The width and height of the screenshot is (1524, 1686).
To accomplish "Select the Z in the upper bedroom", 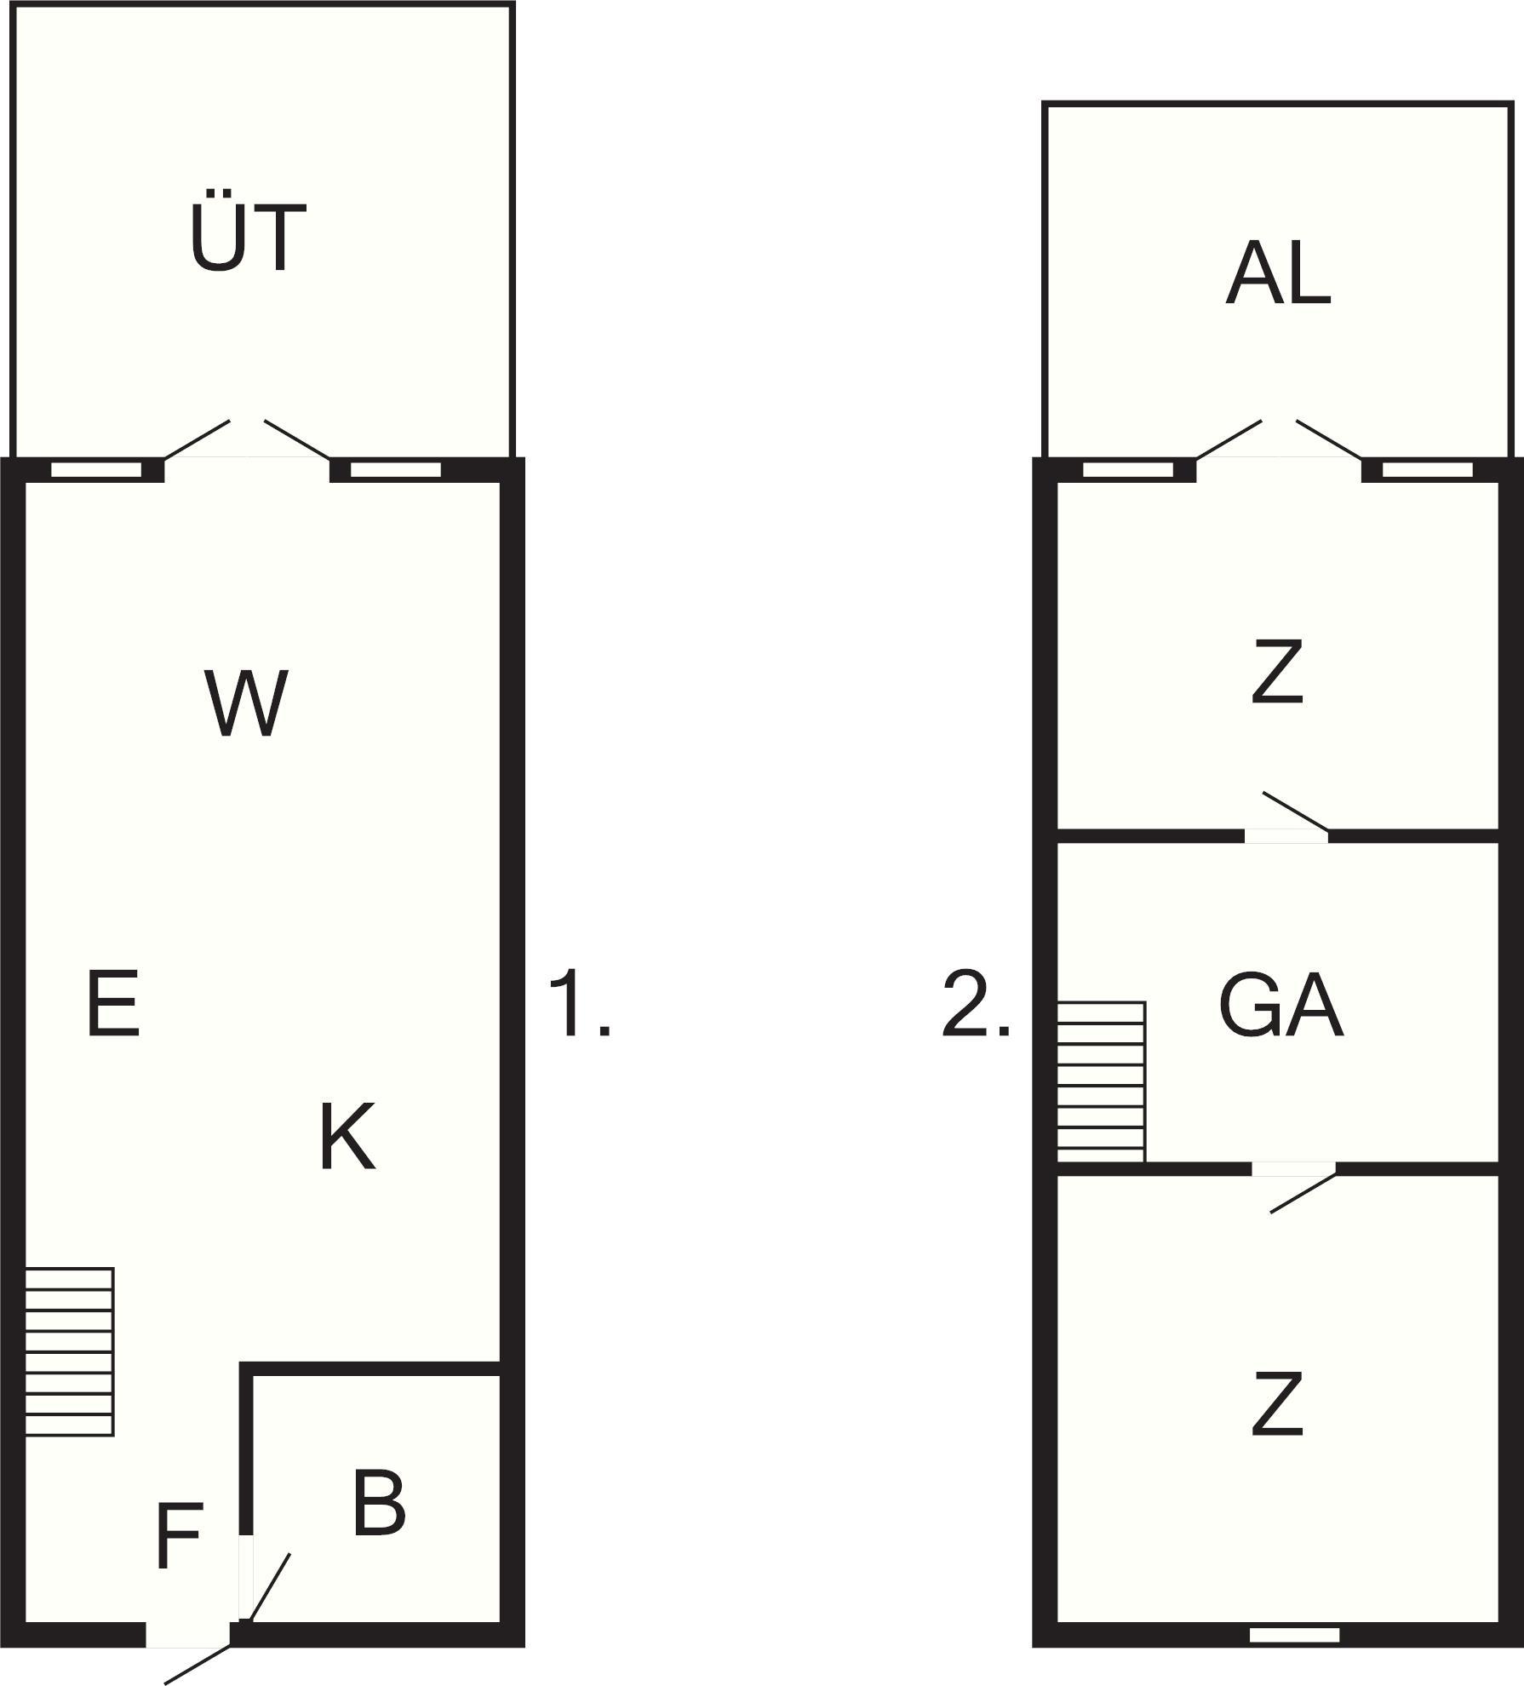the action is pos(1278,673).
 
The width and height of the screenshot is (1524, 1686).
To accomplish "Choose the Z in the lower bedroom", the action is pos(1278,1402).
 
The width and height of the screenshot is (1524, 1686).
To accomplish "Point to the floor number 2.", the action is pos(977,1005).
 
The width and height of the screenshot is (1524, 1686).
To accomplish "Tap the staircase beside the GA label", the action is pos(1102,1081).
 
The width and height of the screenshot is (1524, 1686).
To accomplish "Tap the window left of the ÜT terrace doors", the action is pos(95,470).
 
